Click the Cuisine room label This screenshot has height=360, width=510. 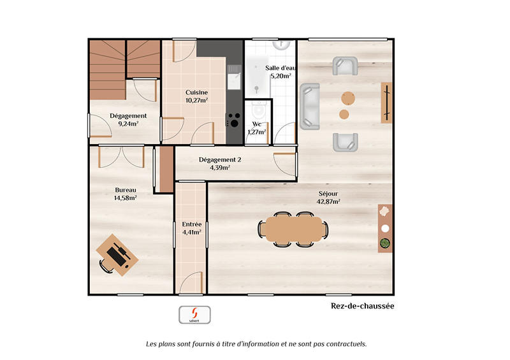tap(196, 92)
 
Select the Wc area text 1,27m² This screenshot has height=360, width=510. tap(257, 132)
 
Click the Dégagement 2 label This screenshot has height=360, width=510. tap(219, 160)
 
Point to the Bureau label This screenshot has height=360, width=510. tap(125, 190)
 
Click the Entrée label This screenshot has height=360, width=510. tap(191, 224)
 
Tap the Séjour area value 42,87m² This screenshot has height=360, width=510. tap(328, 201)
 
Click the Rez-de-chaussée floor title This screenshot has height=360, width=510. tap(362, 306)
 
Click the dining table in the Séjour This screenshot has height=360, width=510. tap(293, 228)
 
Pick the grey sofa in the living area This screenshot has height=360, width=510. tap(310, 105)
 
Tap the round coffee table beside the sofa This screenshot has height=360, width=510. tap(345, 115)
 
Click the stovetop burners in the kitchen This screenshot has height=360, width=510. tap(234, 120)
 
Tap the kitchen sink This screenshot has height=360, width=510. tap(234, 80)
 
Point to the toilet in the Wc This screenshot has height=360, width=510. tap(258, 110)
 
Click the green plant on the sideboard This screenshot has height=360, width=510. tap(385, 242)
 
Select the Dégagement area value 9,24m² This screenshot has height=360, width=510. tap(128, 124)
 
